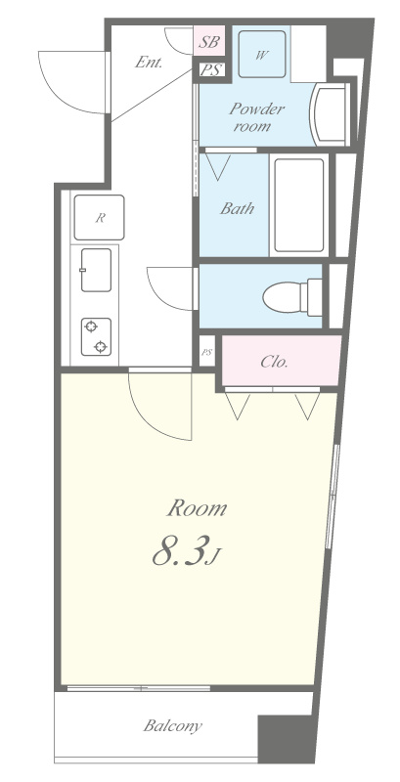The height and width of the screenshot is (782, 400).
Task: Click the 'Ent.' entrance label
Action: click(149, 63)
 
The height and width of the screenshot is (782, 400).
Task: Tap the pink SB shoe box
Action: click(209, 41)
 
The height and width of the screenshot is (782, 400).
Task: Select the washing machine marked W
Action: click(262, 55)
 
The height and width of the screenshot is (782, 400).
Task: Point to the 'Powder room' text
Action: click(252, 117)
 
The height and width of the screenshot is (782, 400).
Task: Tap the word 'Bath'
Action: click(237, 208)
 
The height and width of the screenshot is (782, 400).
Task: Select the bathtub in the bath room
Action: click(298, 206)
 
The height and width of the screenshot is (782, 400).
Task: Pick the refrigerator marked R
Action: click(99, 217)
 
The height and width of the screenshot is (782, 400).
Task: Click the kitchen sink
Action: click(96, 270)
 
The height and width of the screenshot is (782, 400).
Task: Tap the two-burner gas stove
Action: click(96, 336)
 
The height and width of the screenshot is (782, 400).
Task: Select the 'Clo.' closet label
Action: click(274, 362)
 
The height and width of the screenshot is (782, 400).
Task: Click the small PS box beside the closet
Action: click(206, 352)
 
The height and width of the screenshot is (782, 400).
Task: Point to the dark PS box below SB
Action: click(211, 70)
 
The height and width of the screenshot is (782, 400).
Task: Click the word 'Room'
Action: click(197, 508)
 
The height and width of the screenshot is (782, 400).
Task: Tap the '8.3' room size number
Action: click(180, 550)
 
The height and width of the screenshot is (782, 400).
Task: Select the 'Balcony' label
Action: click(172, 725)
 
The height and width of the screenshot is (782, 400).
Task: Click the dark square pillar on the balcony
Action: click(283, 739)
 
